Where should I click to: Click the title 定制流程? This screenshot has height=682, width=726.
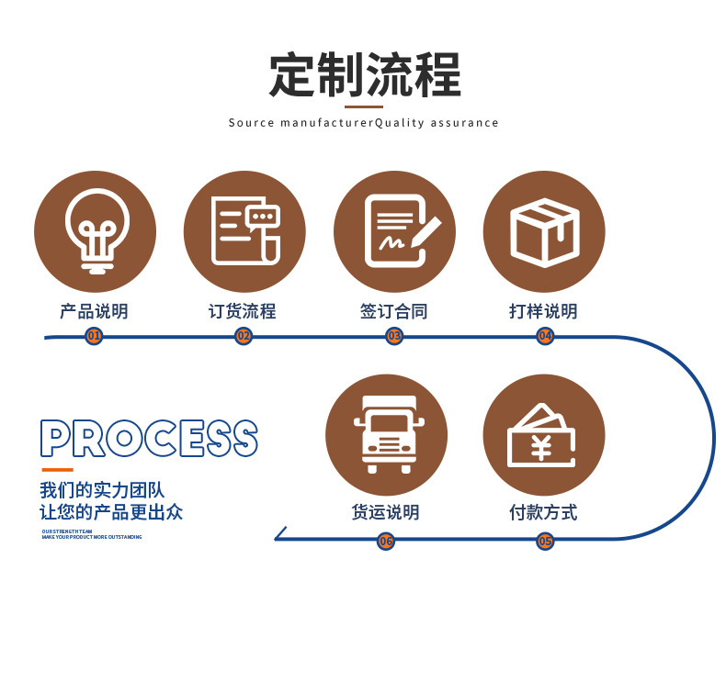pyautogui.click(x=364, y=75)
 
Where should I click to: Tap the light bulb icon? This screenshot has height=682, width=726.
pyautogui.click(x=95, y=231)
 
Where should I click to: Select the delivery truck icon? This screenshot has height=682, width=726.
pyautogui.click(x=386, y=434)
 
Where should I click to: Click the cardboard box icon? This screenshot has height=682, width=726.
pyautogui.click(x=544, y=231)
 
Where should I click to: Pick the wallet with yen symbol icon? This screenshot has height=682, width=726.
pyautogui.click(x=543, y=435)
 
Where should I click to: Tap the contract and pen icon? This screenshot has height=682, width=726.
pyautogui.click(x=394, y=231)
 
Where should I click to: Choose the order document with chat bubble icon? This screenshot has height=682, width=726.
pyautogui.click(x=244, y=231)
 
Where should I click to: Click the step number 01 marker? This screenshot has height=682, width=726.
pyautogui.click(x=94, y=336)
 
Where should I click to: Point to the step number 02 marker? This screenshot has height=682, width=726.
pyautogui.click(x=244, y=336)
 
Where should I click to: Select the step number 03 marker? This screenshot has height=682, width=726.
pyautogui.click(x=394, y=336)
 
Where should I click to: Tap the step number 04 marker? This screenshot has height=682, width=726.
pyautogui.click(x=545, y=336)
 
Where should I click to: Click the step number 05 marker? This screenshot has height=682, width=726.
pyautogui.click(x=545, y=541)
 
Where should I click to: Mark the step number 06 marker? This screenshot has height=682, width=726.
pyautogui.click(x=386, y=541)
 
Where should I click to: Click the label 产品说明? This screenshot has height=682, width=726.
pyautogui.click(x=94, y=311)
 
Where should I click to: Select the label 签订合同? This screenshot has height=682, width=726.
pyautogui.click(x=394, y=311)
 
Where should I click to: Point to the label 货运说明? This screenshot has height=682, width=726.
pyautogui.click(x=386, y=512)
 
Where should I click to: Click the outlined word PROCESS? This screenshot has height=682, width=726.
pyautogui.click(x=149, y=439)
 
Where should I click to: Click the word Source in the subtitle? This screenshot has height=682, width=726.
pyautogui.click(x=251, y=123)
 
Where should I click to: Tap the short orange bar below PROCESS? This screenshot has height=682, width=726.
pyautogui.click(x=56, y=470)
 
